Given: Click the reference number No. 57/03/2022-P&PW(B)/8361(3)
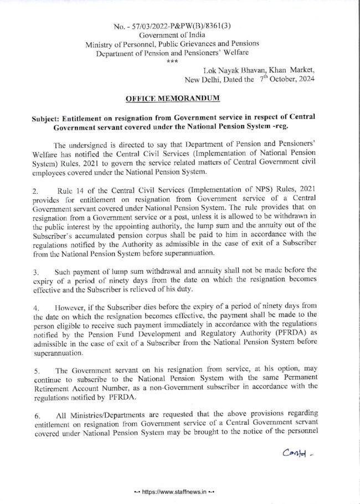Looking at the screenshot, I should [x=177, y=27].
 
